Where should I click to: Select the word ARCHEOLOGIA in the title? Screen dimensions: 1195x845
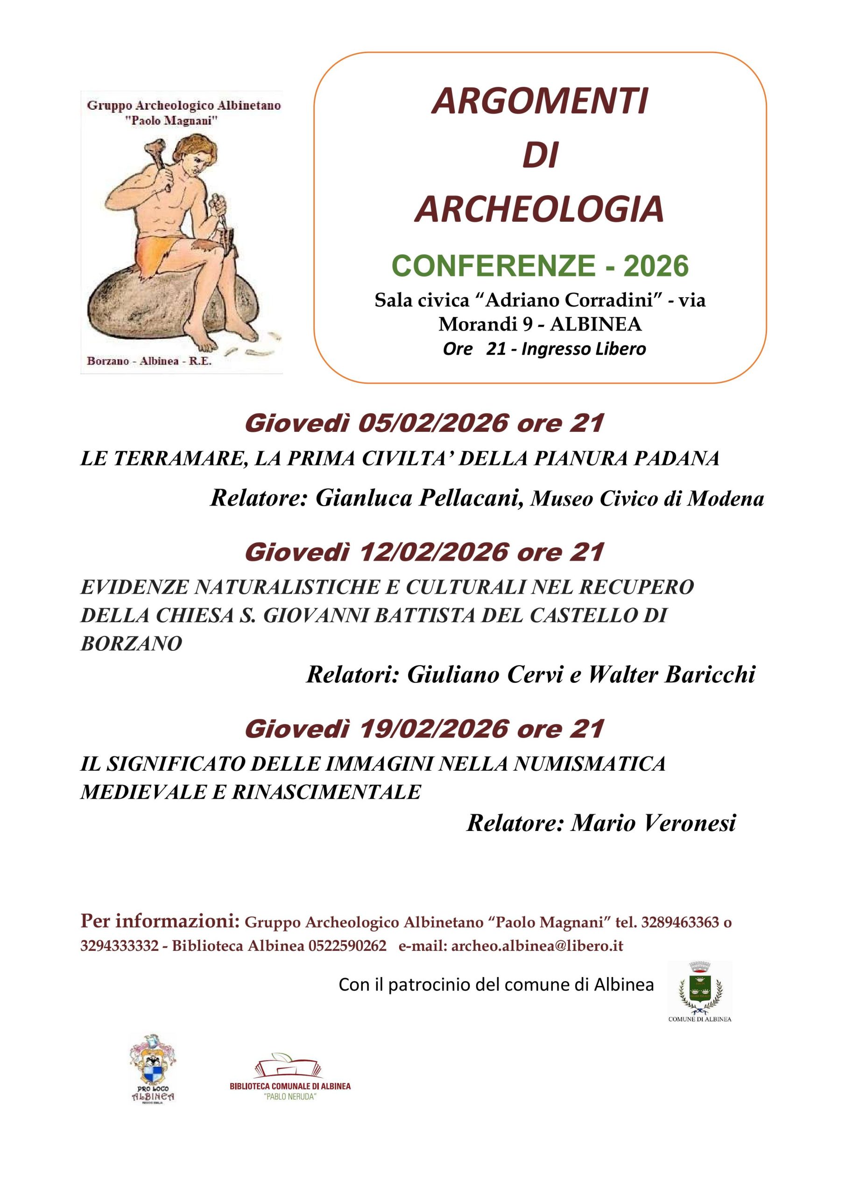pos(539,209)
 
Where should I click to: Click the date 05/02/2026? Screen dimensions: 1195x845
pos(433,424)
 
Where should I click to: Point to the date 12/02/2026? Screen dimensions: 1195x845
pos(433,552)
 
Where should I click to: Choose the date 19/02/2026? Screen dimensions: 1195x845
pos(433,729)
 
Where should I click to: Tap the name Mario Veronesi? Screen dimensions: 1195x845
pos(654,823)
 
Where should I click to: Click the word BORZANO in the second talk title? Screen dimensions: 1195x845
pos(131,644)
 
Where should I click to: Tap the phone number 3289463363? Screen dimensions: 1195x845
pos(680,922)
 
